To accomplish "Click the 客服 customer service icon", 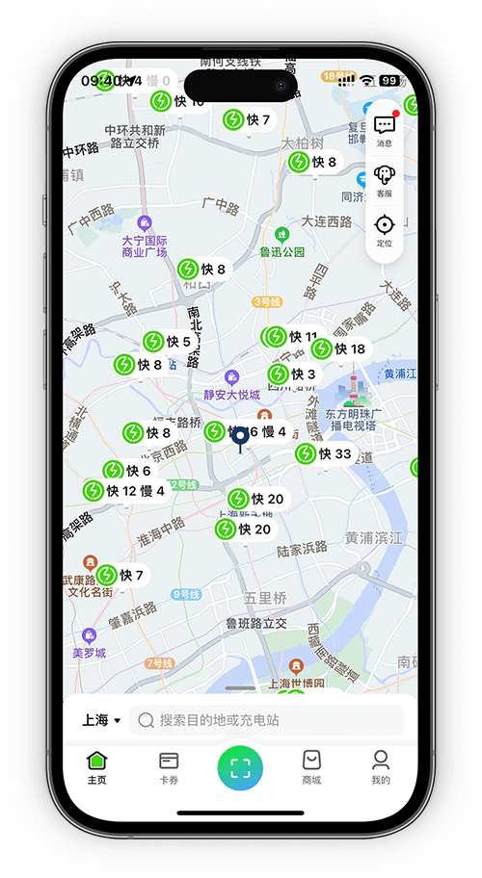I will click(x=385, y=178).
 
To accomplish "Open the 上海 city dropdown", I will click(x=100, y=720).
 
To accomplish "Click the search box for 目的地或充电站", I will click(x=266, y=720).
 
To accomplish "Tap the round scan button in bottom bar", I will click(x=240, y=767).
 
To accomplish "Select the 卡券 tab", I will click(x=169, y=766).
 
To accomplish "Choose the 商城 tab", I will click(x=311, y=766).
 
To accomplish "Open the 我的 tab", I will click(x=381, y=766).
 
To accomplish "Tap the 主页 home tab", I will click(x=97, y=766).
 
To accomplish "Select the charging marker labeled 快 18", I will click(x=339, y=349).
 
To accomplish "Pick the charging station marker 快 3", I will click(x=292, y=374).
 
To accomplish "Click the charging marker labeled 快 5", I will click(x=168, y=342).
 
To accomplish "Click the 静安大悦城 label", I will click(x=231, y=394).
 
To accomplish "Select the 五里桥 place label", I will click(x=265, y=598).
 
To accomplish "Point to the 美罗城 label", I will click(x=90, y=652).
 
